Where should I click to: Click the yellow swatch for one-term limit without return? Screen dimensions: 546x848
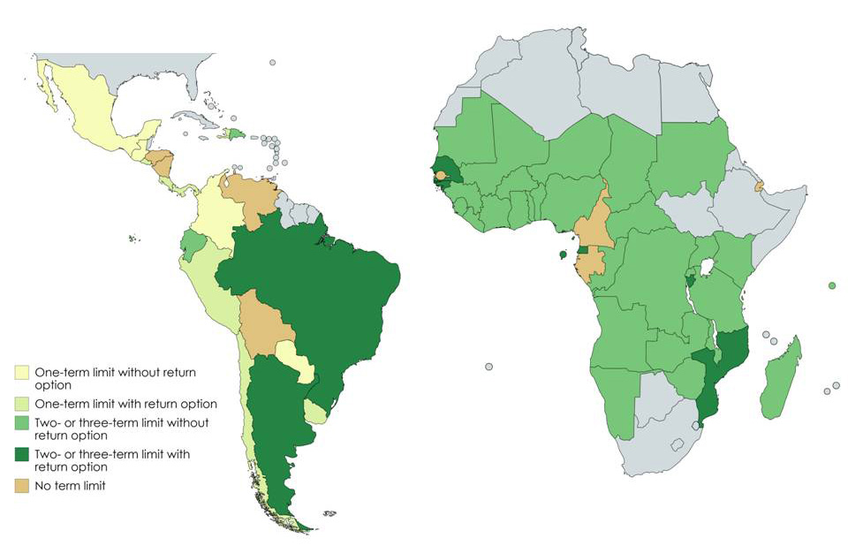pos(21,371)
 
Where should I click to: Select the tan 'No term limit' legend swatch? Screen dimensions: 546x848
pos(21,485)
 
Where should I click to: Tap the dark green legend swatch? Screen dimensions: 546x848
pos(21,454)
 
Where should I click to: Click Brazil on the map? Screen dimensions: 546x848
pos(327,283)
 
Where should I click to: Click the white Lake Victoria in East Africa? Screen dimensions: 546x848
pos(707,267)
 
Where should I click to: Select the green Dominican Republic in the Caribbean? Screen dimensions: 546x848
pos(236,134)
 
